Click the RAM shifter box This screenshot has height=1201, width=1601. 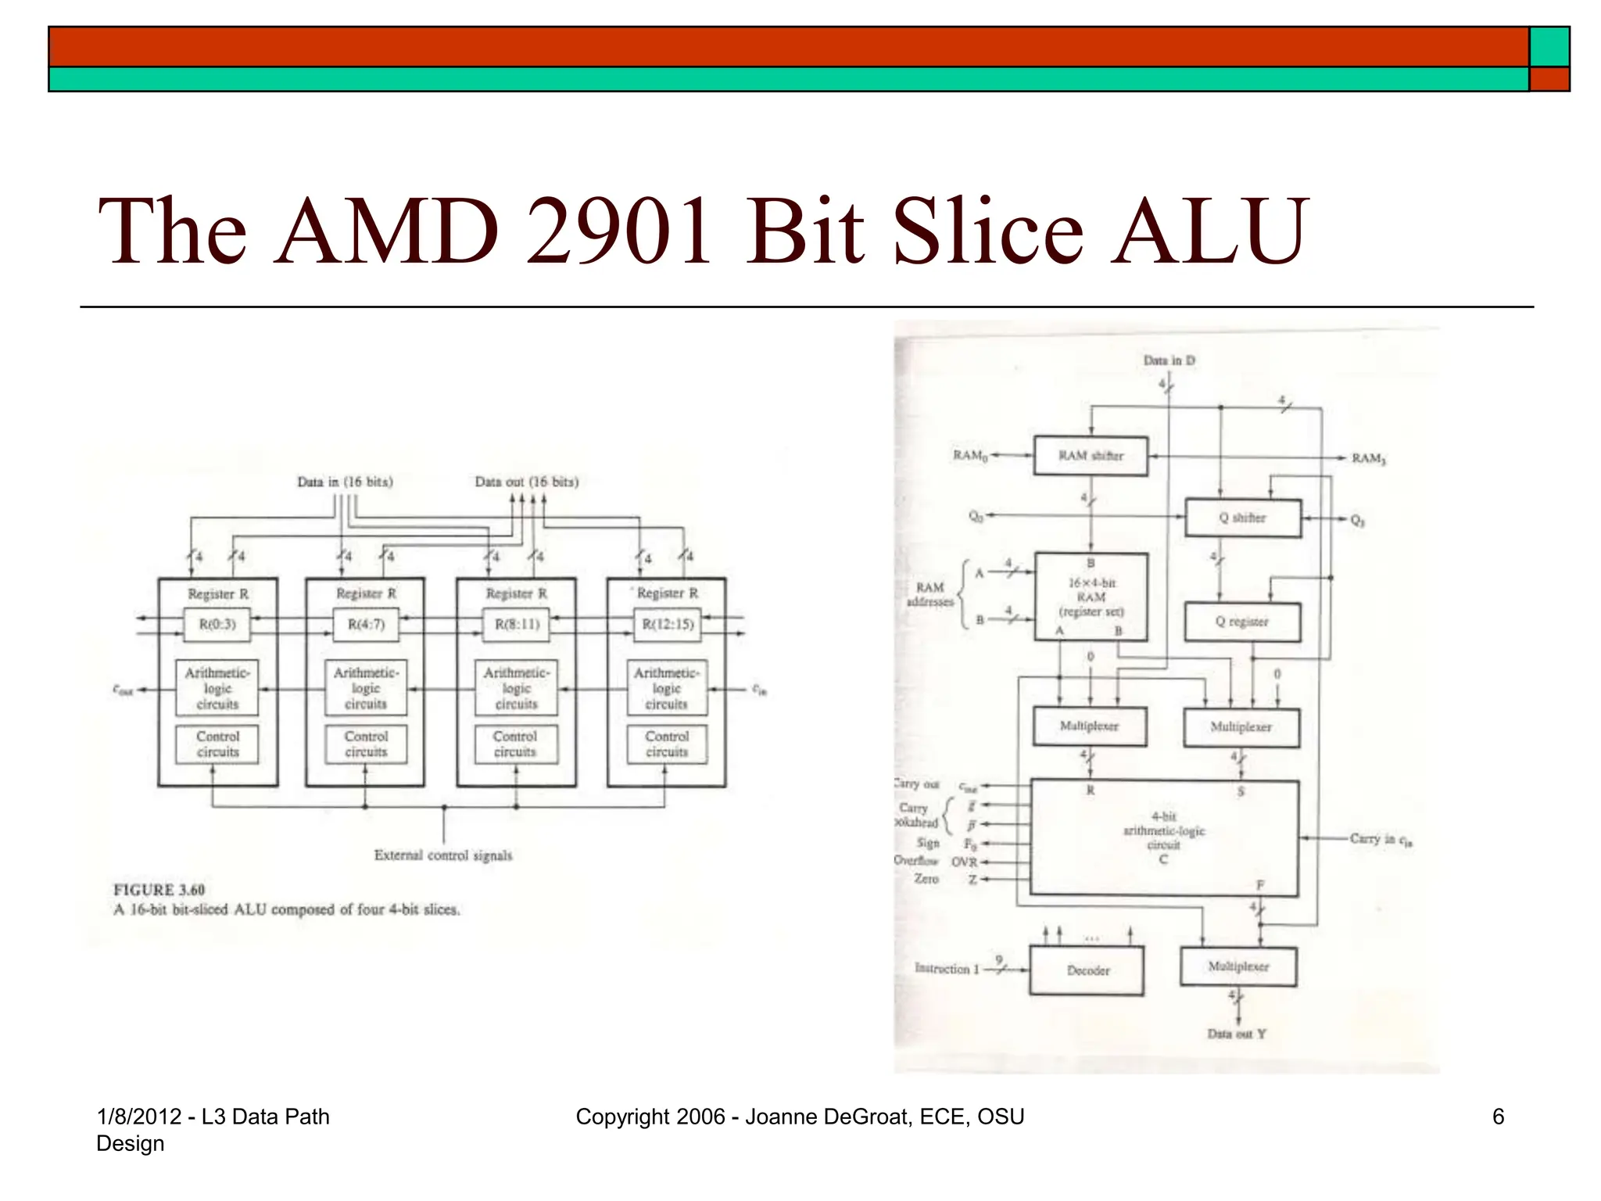pyautogui.click(x=1091, y=456)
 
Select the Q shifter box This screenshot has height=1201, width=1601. pyautogui.click(x=1243, y=518)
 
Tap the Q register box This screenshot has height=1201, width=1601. pyautogui.click(x=1242, y=622)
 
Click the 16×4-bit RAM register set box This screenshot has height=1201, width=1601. pyautogui.click(x=1091, y=597)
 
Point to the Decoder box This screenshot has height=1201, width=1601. pyautogui.click(x=1087, y=970)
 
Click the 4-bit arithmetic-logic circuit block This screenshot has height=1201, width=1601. pyautogui.click(x=1164, y=837)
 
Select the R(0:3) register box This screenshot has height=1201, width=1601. pyautogui.click(x=217, y=625)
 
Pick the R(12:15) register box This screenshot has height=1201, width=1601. pyautogui.click(x=668, y=625)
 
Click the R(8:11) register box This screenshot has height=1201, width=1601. pyautogui.click(x=517, y=625)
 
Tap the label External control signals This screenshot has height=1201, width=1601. pyautogui.click(x=443, y=855)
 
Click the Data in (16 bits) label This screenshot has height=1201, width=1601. pyautogui.click(x=345, y=482)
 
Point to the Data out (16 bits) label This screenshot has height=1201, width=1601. pyautogui.click(x=527, y=482)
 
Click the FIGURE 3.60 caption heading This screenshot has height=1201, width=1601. pyautogui.click(x=159, y=890)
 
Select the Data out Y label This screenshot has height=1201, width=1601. pyautogui.click(x=1237, y=1034)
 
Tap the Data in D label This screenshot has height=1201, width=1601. pyautogui.click(x=1169, y=360)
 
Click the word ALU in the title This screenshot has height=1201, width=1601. pyautogui.click(x=1209, y=231)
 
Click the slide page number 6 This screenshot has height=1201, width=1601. pyautogui.click(x=1498, y=1117)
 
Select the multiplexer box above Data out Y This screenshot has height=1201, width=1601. pyautogui.click(x=1238, y=967)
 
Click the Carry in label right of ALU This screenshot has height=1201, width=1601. pyautogui.click(x=1380, y=840)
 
